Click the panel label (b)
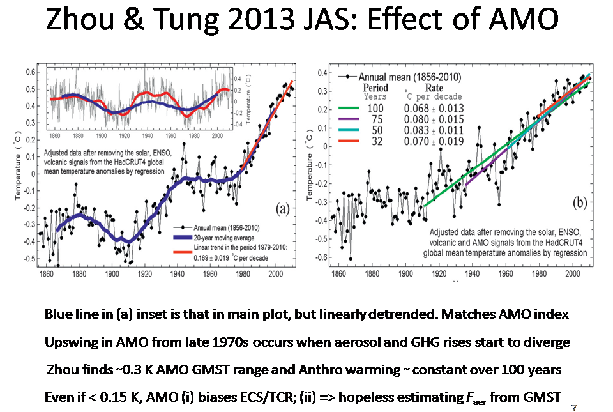(x=580, y=203)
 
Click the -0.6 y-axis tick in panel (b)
(x=315, y=257)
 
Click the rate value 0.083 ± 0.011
(x=434, y=130)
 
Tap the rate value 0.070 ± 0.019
(x=434, y=141)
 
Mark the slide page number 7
(x=574, y=408)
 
